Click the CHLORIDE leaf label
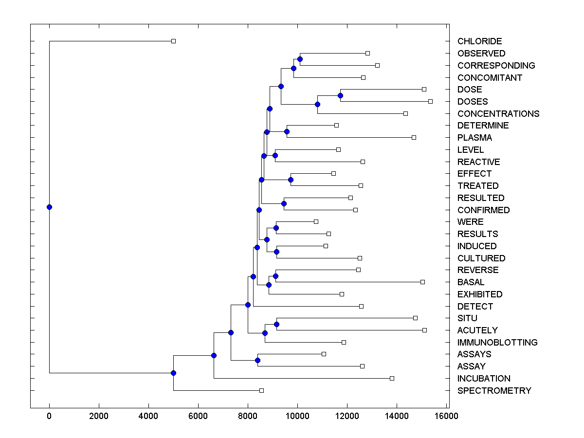(x=479, y=41)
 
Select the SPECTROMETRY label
(x=494, y=391)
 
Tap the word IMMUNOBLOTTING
(x=497, y=343)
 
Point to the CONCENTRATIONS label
(x=498, y=114)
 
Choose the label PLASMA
(x=474, y=138)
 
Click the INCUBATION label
(x=484, y=379)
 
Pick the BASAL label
(x=471, y=282)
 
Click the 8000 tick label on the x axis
(x=248, y=416)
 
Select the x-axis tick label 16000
(x=446, y=416)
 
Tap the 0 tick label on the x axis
(x=49, y=416)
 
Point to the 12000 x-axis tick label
(x=347, y=416)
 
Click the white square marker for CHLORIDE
(x=173, y=41)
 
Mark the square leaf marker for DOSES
(x=430, y=101)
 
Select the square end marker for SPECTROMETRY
(x=261, y=390)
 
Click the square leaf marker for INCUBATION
(x=392, y=378)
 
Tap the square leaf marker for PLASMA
(x=414, y=137)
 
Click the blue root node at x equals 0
(x=49, y=207)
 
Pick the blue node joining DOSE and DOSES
(x=340, y=95)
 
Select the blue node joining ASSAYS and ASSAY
(x=257, y=360)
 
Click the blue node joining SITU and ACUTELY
(x=276, y=324)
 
